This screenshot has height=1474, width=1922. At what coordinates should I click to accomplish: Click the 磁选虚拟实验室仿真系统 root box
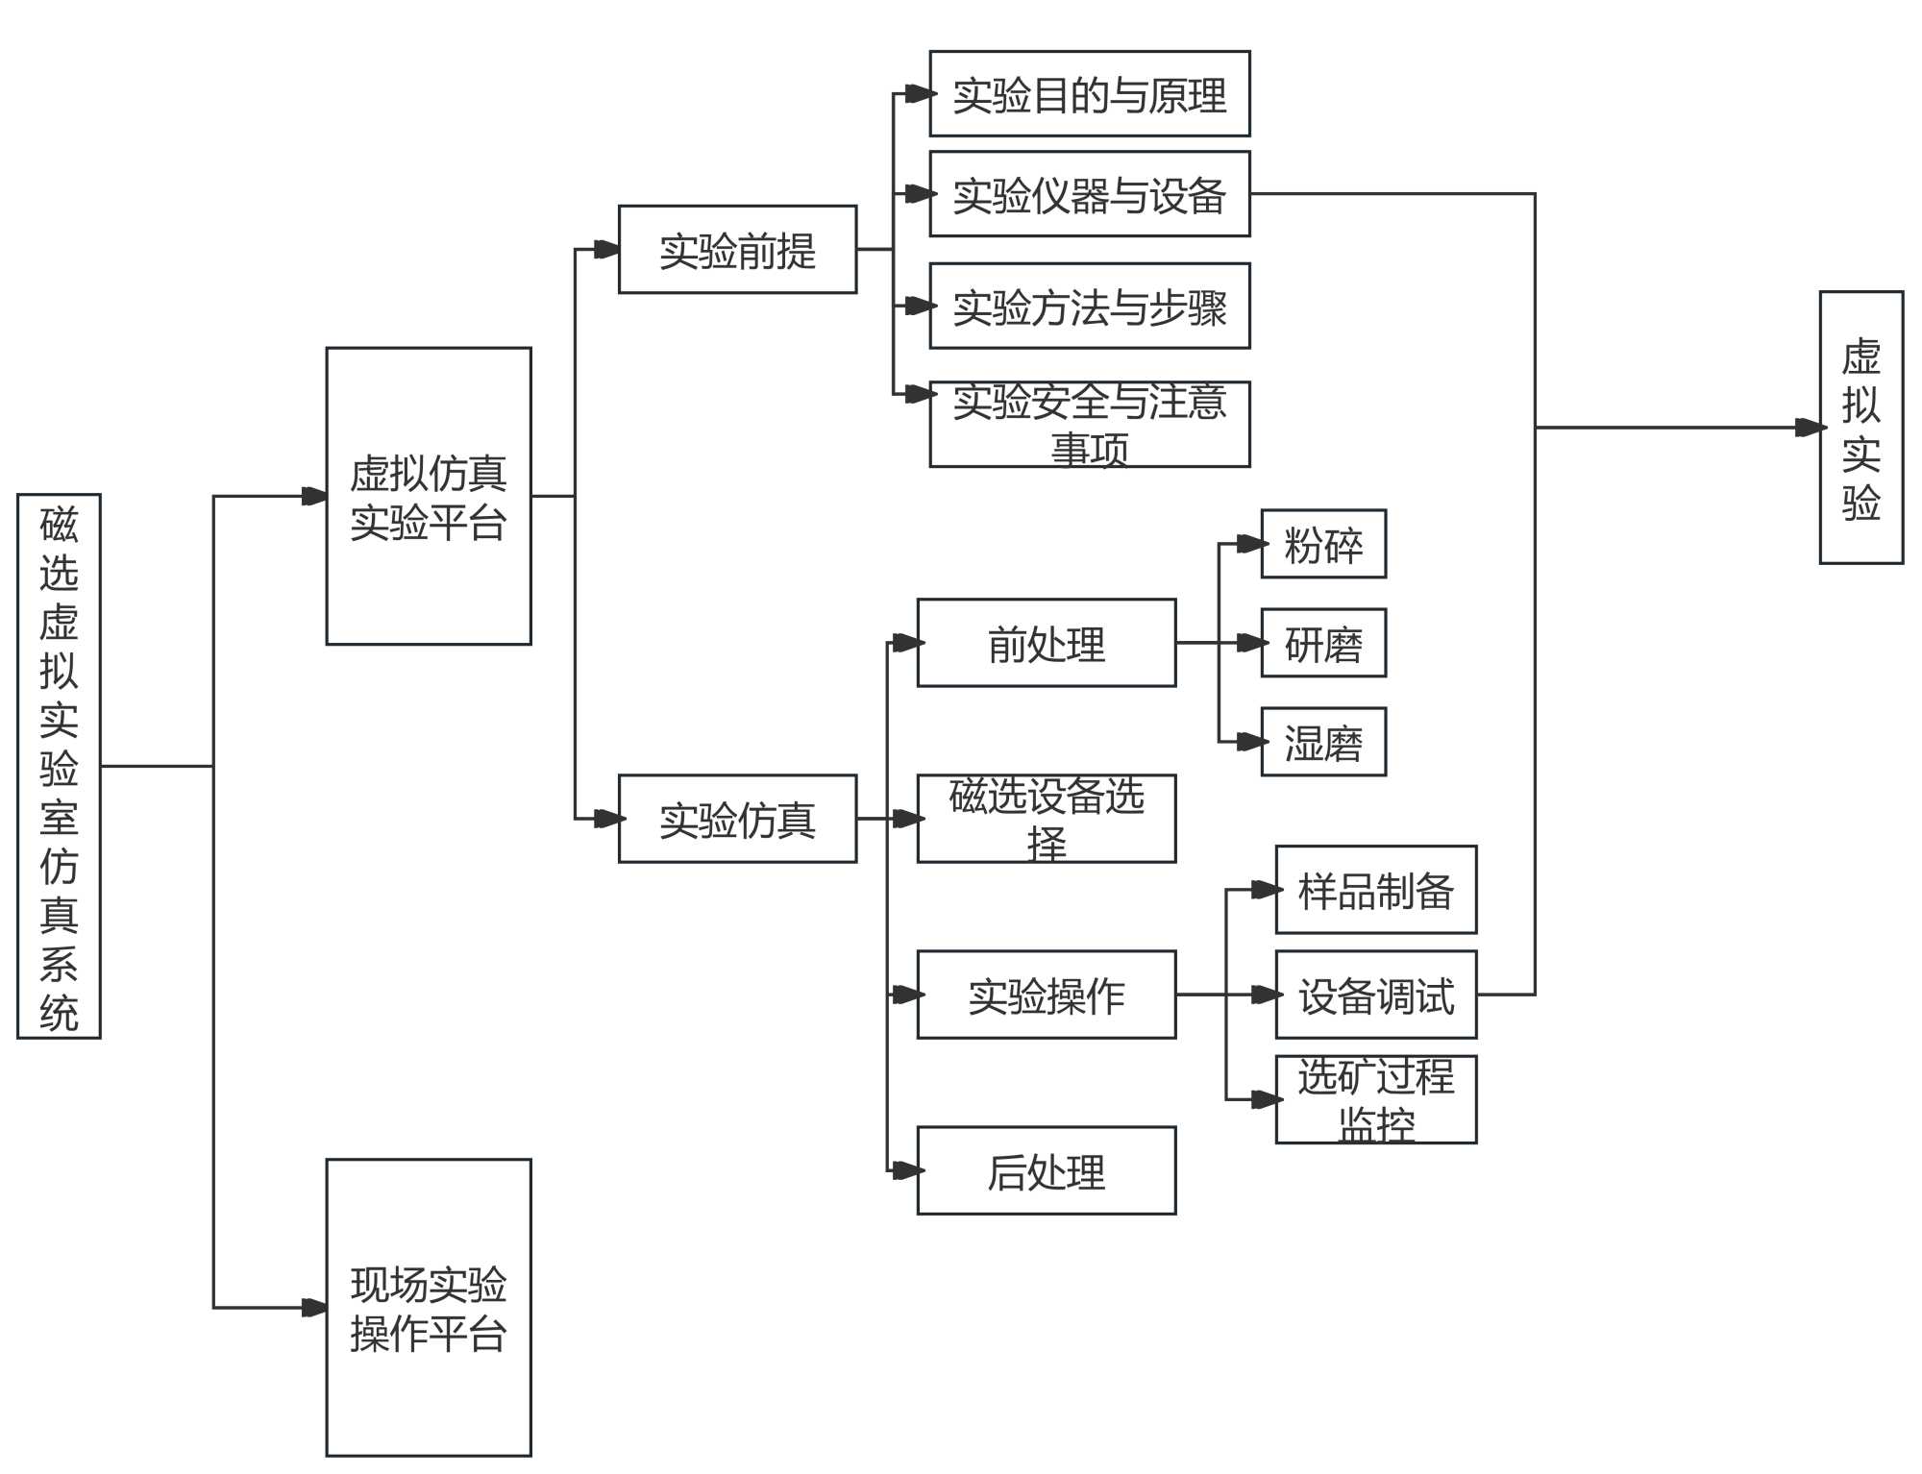59,766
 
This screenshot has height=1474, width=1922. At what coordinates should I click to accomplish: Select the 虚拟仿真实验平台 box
429,496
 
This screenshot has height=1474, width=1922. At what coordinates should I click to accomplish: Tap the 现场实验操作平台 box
429,1307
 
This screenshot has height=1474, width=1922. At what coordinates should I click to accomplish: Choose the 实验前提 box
737,250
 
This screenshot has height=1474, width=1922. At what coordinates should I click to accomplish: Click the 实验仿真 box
737,819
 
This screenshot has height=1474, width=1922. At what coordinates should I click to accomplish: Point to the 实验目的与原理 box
1090,94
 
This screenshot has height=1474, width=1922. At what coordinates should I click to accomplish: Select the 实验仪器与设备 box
1090,194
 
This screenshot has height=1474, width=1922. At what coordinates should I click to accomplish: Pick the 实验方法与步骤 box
1090,306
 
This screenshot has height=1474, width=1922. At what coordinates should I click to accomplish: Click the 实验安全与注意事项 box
1090,424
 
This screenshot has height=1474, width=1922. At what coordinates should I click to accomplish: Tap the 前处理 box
1047,643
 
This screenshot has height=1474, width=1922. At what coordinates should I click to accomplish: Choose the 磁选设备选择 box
1047,819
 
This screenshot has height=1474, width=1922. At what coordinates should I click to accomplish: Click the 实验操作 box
1047,995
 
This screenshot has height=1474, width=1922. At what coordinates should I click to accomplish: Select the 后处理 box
1047,1170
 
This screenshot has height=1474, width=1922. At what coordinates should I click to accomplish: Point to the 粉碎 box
1323,544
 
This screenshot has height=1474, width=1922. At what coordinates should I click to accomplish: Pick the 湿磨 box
1323,742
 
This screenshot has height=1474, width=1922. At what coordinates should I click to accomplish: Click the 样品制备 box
1376,890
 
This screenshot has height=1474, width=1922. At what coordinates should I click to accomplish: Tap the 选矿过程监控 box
1376,1099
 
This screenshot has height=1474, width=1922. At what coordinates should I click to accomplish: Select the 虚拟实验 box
1861,428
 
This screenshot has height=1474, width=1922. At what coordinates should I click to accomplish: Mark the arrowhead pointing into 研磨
1251,643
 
